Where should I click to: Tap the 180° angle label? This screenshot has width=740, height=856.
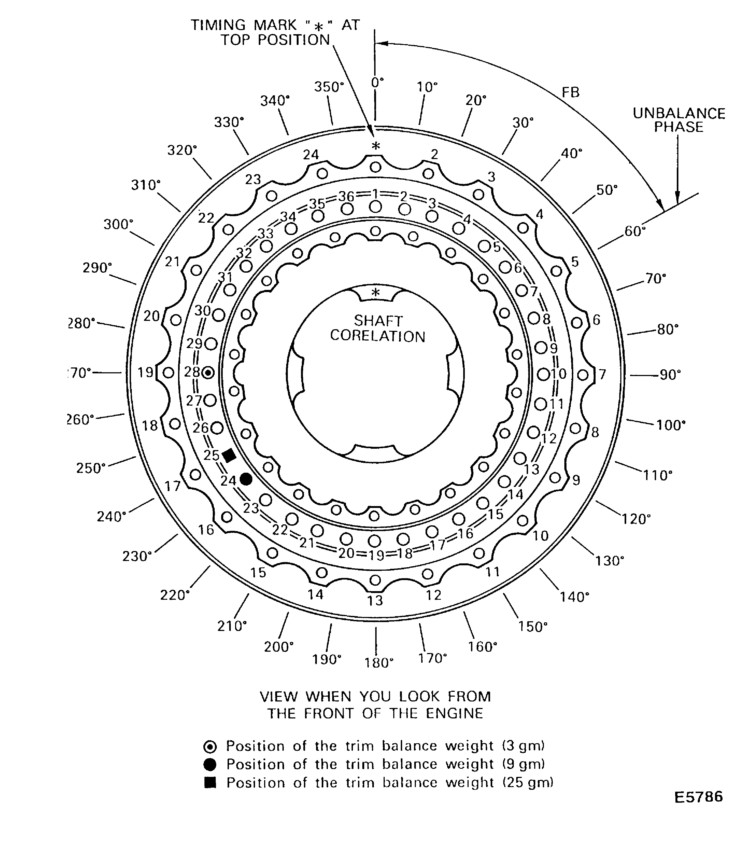[379, 663]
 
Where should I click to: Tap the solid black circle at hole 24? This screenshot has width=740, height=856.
[246, 479]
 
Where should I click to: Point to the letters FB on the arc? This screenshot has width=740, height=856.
[571, 93]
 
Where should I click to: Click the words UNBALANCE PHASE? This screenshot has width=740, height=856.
[679, 120]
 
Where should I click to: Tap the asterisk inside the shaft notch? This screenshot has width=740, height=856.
[375, 293]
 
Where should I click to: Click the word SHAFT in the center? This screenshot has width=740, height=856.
[378, 321]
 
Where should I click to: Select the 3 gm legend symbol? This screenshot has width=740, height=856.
[210, 747]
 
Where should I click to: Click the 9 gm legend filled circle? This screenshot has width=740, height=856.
[210, 765]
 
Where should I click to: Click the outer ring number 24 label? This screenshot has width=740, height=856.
[311, 155]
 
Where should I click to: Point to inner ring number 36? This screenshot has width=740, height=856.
[346, 196]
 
